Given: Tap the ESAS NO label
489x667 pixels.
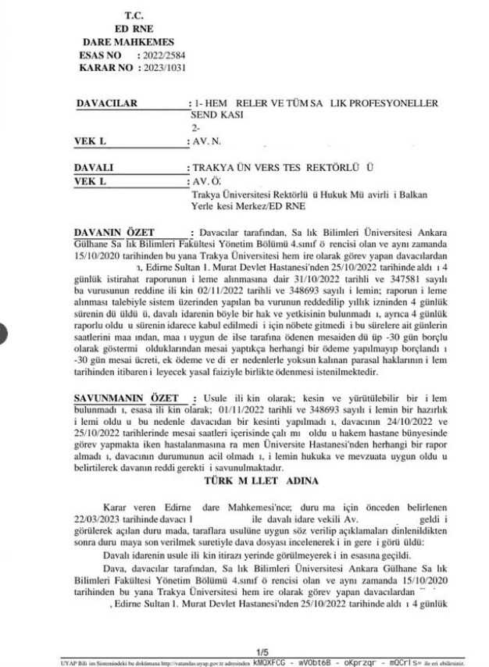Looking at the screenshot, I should (101, 56).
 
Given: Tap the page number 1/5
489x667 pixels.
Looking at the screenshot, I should (261, 651).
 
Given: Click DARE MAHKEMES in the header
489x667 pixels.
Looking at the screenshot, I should (128, 41).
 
